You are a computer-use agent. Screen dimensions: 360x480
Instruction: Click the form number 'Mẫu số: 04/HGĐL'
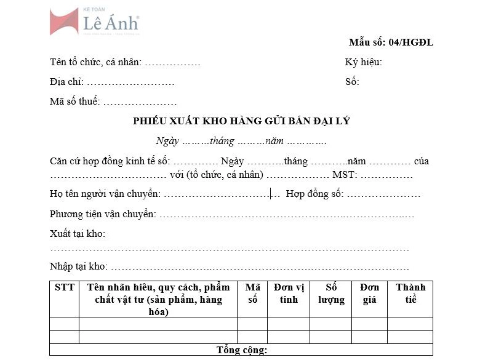tap(391, 42)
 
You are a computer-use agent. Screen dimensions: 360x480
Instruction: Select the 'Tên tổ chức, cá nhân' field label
tap(95, 62)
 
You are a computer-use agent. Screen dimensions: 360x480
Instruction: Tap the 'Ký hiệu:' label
tap(363, 62)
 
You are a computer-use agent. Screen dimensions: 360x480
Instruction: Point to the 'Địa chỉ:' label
tap(66, 82)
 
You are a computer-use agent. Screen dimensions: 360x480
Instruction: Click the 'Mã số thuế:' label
tap(74, 102)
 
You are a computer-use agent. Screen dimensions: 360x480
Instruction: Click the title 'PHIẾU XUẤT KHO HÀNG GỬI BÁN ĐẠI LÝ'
tap(241, 121)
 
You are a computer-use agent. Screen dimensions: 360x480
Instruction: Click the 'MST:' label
tap(343, 175)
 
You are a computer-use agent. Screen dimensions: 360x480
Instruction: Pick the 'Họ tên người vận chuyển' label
tap(105, 194)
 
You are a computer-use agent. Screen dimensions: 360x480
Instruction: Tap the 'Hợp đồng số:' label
tap(314, 194)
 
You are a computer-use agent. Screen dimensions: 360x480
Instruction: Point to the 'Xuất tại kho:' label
tap(78, 234)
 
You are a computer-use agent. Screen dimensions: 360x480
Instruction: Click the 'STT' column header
tap(64, 287)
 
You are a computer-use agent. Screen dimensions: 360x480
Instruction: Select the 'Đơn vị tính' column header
tap(288, 294)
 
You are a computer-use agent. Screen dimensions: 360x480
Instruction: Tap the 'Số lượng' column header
tap(331, 294)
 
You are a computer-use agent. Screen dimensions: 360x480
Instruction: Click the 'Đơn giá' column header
tap(369, 294)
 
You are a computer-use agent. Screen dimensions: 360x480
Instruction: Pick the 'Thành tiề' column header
tap(410, 294)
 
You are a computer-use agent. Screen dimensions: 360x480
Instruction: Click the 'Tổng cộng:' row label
tap(241, 350)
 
